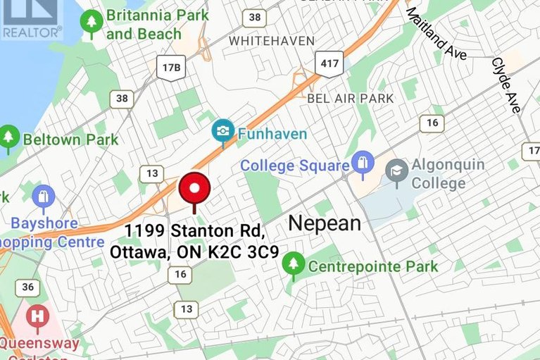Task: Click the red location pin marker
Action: (195, 190)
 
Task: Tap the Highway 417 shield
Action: (329, 64)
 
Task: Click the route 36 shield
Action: (27, 287)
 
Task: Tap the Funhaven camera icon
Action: (223, 132)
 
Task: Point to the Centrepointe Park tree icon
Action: (293, 265)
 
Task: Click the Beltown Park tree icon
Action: (9, 137)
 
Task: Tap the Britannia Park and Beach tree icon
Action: (91, 23)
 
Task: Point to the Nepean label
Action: (325, 224)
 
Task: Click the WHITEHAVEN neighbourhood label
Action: (272, 41)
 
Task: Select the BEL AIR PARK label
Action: (351, 99)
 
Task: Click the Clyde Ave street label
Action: (506, 85)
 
